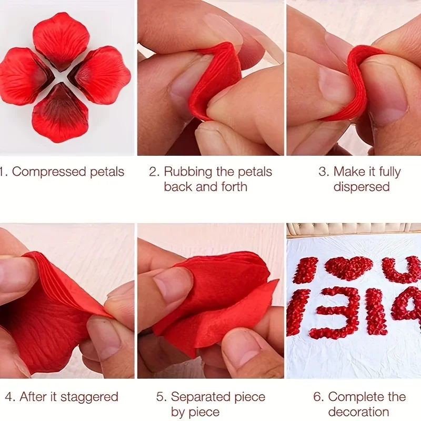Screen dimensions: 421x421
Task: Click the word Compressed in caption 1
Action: [49, 172]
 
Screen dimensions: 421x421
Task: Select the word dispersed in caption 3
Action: [362, 187]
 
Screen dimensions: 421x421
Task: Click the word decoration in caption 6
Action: [358, 412]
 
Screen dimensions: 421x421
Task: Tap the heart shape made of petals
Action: [348, 268]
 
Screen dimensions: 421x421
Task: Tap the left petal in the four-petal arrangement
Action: [25, 76]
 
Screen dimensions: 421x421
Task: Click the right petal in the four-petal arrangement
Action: [100, 75]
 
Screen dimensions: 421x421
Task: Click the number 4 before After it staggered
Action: [8, 397]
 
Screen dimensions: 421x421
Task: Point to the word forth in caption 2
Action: [234, 187]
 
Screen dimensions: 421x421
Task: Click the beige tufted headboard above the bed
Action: [354, 229]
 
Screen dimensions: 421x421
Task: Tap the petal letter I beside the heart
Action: [305, 270]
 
